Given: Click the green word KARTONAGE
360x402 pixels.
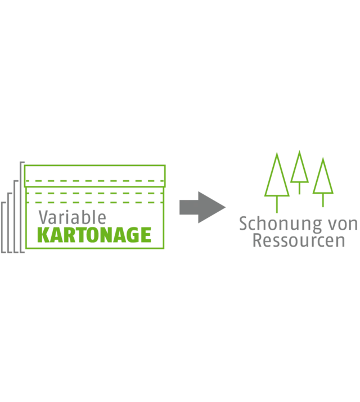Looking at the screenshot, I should pos(94,234).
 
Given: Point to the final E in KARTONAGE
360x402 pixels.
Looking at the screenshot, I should pos(146,234).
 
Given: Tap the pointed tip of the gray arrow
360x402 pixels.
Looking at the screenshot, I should pos(228,207).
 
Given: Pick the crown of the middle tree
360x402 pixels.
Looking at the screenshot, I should pos(299,169).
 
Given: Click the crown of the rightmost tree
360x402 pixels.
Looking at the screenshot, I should pos(322,177).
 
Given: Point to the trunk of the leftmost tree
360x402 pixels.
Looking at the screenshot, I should pos(277,206).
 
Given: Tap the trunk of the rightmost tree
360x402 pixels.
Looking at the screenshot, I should pos(322,203).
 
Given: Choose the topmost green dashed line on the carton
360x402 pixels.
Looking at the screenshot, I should pos(94,181).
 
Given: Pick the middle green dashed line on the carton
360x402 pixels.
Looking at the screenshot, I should pos(94,193).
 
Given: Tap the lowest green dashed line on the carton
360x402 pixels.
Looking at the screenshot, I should pos(94,201).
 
